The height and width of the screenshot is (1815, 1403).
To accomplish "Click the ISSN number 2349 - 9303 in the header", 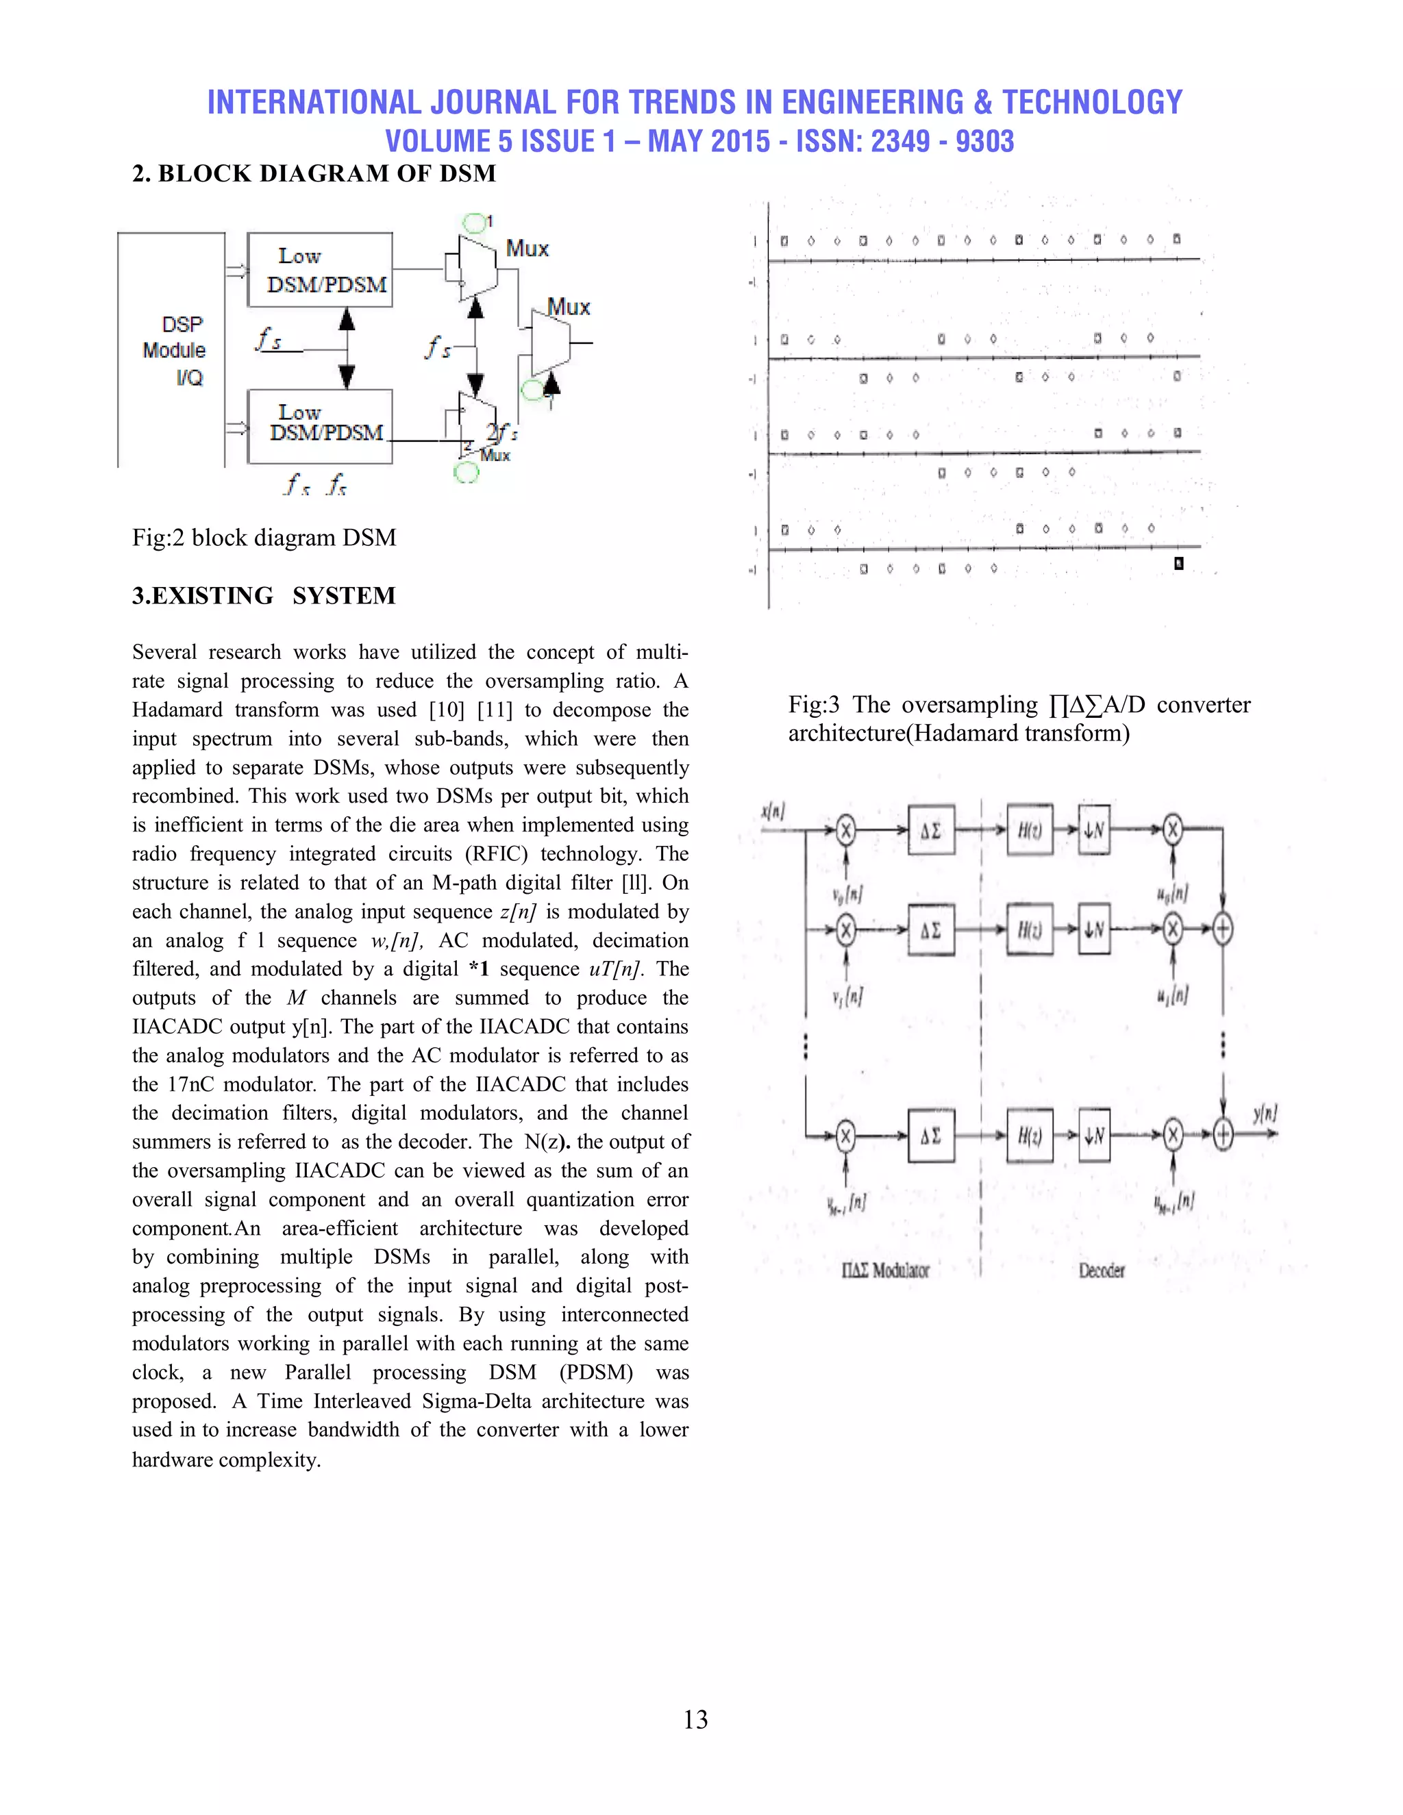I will click(x=942, y=141).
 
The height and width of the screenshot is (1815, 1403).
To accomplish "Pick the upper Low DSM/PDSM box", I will click(x=320, y=270).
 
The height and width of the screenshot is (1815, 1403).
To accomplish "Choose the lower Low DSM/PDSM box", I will click(x=320, y=425).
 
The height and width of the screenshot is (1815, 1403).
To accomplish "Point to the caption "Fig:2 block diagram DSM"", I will click(x=264, y=538).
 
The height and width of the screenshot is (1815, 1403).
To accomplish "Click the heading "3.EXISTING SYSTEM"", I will click(x=264, y=596).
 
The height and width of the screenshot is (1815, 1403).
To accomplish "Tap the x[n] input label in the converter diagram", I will click(x=773, y=811).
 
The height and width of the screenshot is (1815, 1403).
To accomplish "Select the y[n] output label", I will click(x=1264, y=1113).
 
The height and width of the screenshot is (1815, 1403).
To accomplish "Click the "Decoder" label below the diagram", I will click(x=1102, y=1270).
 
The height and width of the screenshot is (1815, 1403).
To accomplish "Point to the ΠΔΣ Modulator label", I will click(x=884, y=1270).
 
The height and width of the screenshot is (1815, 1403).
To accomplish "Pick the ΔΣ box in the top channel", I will click(x=931, y=830).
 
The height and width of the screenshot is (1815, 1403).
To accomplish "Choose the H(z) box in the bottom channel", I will click(x=1030, y=1134).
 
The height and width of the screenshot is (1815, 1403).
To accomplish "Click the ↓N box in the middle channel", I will click(x=1094, y=929).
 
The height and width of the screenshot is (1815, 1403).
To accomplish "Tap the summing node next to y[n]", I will click(x=1223, y=1134).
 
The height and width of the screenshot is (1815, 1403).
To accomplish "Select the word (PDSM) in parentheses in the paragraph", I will click(x=596, y=1372).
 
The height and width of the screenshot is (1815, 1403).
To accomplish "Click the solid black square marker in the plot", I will click(x=1178, y=564).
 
